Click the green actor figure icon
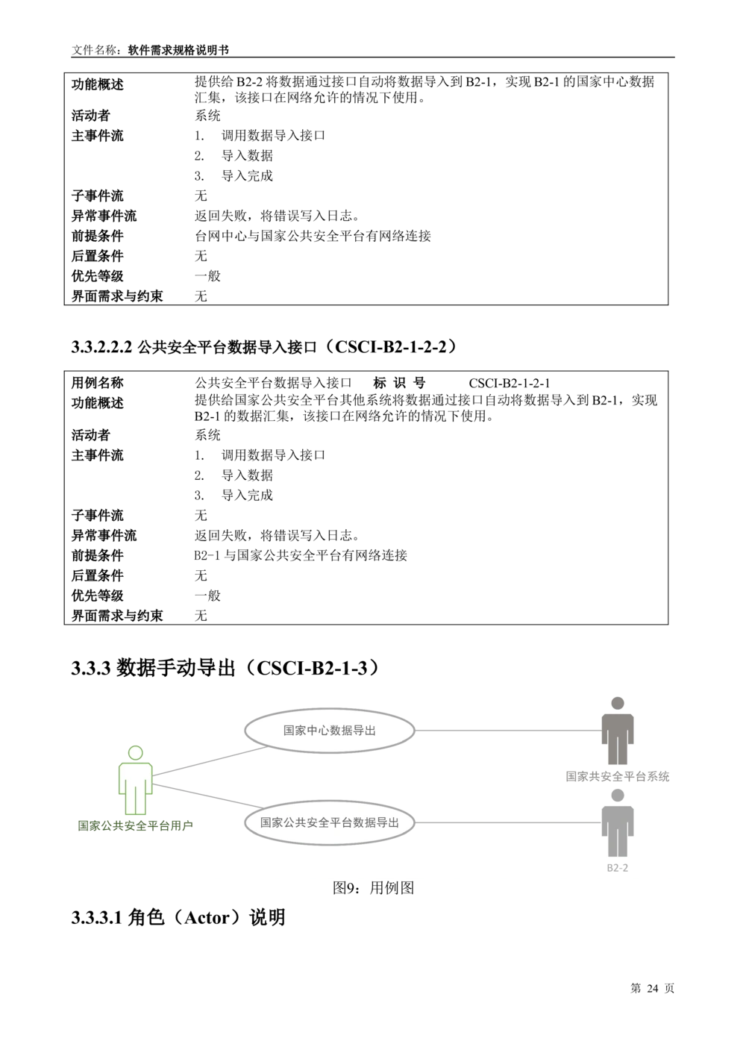tap(135, 780)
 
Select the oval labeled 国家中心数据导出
tap(330, 730)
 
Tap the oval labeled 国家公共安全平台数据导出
tap(330, 822)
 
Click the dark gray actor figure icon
tap(618, 730)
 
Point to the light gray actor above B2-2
tap(618, 822)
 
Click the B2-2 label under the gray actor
tap(618, 868)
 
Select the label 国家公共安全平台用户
tap(135, 825)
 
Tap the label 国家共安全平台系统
tap(618, 776)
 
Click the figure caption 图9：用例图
tap(373, 887)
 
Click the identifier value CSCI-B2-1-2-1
tap(510, 384)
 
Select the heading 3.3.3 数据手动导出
tap(225, 668)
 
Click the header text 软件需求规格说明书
tap(178, 50)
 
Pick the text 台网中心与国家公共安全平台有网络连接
tap(313, 236)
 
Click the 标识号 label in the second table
tap(399, 383)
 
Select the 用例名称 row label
tap(97, 383)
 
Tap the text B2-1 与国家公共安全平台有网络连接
tap(301, 555)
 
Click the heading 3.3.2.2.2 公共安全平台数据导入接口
tap(264, 347)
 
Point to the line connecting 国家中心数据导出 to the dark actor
tap(508, 730)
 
